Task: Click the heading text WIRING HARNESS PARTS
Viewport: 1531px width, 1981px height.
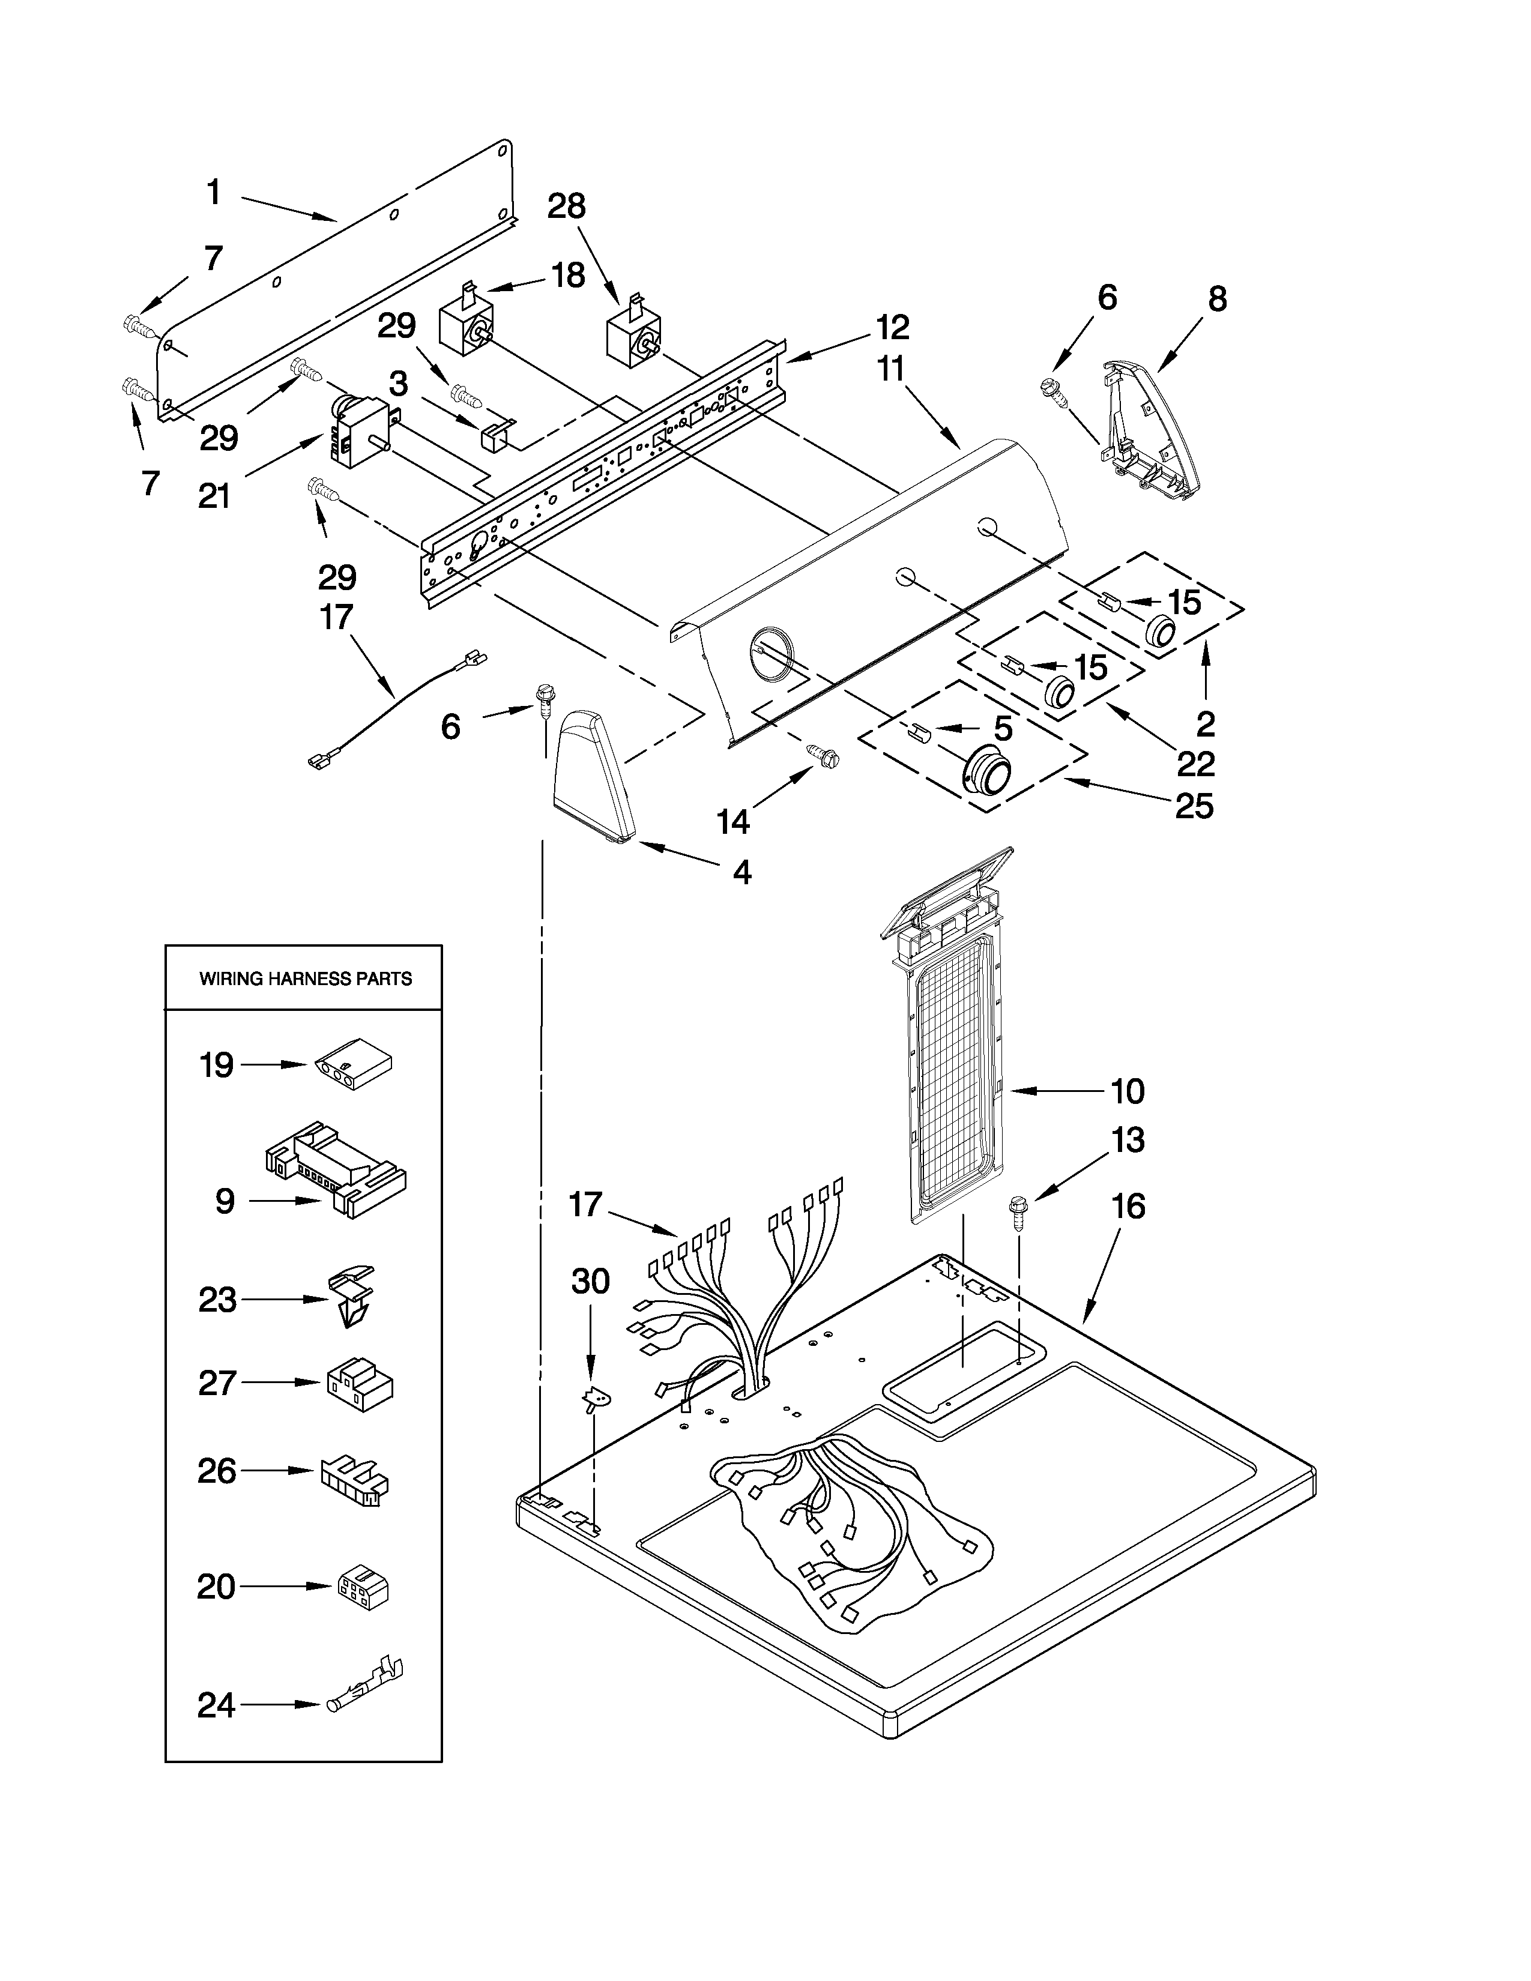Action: click(305, 978)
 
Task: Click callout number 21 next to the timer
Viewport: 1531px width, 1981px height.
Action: click(215, 496)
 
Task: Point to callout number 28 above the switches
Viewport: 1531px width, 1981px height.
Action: click(567, 207)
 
